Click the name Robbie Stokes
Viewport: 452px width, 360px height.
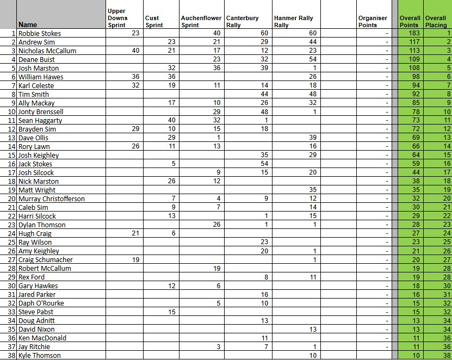(39, 33)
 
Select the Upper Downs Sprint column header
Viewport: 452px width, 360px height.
(117, 18)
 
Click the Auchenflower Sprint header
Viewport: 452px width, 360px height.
(201, 21)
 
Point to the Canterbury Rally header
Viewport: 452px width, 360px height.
(242, 21)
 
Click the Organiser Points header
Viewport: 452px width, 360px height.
(373, 21)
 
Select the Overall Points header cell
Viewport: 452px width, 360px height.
(409, 21)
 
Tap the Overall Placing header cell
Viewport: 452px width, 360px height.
(436, 21)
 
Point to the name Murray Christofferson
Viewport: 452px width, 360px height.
(51, 198)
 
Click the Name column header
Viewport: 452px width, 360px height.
(28, 24)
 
